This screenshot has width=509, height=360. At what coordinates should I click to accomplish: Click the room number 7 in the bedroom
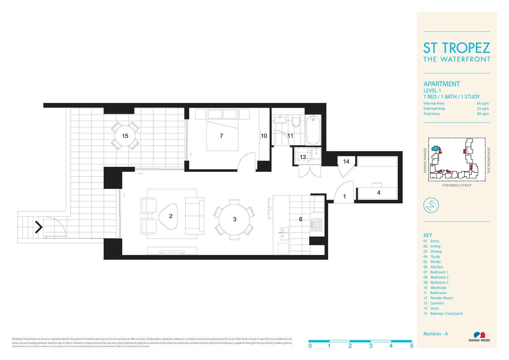[x=221, y=136]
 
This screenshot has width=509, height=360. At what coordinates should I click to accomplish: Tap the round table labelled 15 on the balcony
[x=125, y=136]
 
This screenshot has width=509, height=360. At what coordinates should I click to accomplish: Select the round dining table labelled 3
[x=234, y=219]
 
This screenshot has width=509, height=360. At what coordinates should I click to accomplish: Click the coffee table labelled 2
[x=169, y=216]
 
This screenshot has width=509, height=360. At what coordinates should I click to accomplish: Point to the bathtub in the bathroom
[x=313, y=130]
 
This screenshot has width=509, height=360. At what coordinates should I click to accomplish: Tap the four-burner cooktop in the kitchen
[x=316, y=225]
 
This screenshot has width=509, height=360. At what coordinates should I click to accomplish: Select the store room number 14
[x=346, y=162]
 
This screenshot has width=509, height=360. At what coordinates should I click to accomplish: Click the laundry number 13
[x=302, y=157]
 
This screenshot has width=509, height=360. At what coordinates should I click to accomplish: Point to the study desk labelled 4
[x=377, y=193]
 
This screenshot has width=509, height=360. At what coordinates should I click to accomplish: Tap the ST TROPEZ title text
[x=456, y=48]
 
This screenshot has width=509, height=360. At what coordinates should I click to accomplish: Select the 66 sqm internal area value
[x=483, y=103]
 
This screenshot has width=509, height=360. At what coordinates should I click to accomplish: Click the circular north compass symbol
[x=431, y=205]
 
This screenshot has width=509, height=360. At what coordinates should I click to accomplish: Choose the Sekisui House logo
[x=479, y=336]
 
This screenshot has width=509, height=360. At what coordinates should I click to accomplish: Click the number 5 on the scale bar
[x=412, y=346]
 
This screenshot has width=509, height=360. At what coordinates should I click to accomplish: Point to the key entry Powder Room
[x=441, y=298]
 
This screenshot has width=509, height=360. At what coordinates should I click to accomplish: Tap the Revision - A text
[x=435, y=334]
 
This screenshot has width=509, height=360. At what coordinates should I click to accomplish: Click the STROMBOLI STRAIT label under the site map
[x=456, y=185]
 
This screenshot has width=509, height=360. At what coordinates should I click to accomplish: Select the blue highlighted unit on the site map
[x=435, y=148]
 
